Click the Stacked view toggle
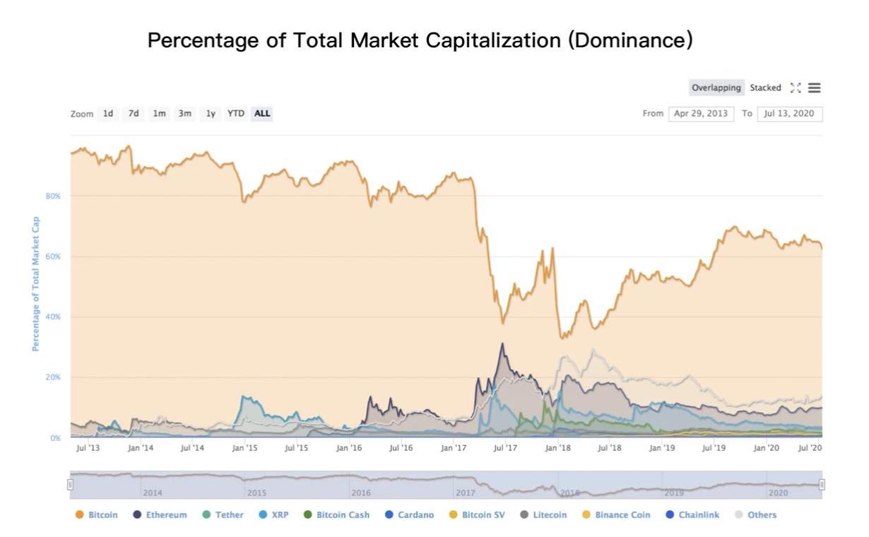(x=765, y=88)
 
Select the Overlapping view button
(x=716, y=88)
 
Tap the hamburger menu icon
(x=815, y=88)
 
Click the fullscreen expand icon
(x=796, y=88)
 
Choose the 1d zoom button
(x=108, y=113)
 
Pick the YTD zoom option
(x=236, y=113)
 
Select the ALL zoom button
(x=262, y=113)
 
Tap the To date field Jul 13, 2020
(x=790, y=114)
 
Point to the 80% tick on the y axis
(x=54, y=196)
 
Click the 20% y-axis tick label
(x=54, y=377)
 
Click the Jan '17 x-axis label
(x=454, y=448)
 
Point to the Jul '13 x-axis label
(x=88, y=448)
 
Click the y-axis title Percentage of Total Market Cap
(x=35, y=283)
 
